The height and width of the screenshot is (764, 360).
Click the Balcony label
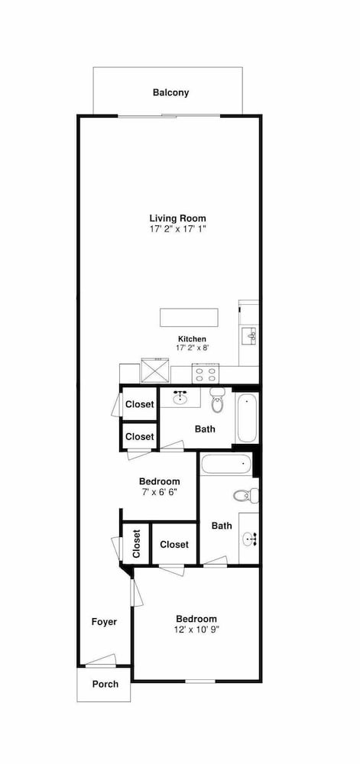[x=170, y=92]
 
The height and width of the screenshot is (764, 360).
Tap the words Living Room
[x=177, y=219]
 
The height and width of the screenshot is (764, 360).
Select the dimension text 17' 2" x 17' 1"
[x=178, y=228]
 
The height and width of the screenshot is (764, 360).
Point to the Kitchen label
[x=192, y=338]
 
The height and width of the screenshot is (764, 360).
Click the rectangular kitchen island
[x=190, y=317]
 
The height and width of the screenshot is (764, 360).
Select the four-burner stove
[x=206, y=374]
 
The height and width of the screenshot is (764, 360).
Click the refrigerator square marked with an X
[x=155, y=371]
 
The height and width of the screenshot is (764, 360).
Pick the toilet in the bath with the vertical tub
[x=217, y=400]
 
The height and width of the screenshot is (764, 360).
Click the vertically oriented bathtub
[x=246, y=418]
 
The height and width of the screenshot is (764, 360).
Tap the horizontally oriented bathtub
[x=226, y=465]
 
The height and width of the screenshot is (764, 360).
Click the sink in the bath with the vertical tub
[x=181, y=397]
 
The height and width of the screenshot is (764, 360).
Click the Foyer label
[x=104, y=622]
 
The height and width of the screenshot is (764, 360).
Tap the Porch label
[x=105, y=684]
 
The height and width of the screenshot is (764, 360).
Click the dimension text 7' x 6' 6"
[x=158, y=491]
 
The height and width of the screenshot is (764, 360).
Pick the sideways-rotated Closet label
[x=136, y=543]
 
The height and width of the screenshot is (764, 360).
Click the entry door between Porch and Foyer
[x=101, y=661]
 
